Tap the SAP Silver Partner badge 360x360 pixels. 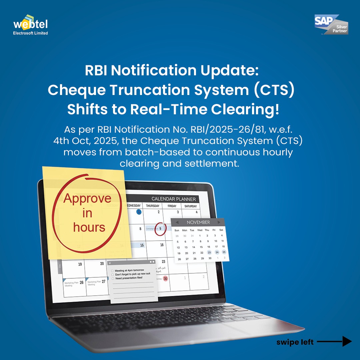pos(331,24)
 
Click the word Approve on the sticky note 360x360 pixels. pos(87,198)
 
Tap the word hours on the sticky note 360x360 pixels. pos(89,227)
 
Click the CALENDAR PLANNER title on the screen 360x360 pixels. pos(174,199)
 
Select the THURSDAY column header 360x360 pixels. pos(153,206)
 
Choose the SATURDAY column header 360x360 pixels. pos(191,206)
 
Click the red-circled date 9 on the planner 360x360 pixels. pos(160,229)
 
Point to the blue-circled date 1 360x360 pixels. pos(139,212)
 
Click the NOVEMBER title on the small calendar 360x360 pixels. pos(198,222)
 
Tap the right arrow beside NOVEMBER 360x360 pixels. pos(219,222)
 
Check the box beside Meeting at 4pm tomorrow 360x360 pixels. pos(113,270)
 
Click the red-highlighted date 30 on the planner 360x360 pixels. pos(165,278)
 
